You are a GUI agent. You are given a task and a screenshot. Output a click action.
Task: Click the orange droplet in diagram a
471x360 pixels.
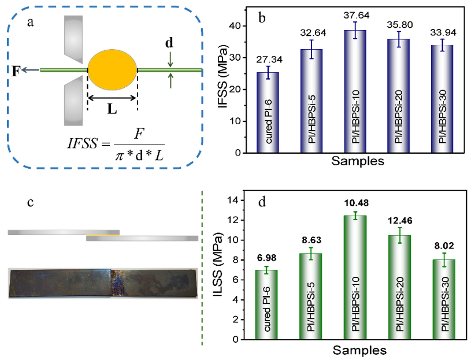[x=112, y=70]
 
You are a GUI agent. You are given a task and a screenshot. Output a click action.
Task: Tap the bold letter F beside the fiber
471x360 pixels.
[x=16, y=70]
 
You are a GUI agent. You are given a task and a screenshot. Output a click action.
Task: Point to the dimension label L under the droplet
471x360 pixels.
[x=112, y=108]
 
